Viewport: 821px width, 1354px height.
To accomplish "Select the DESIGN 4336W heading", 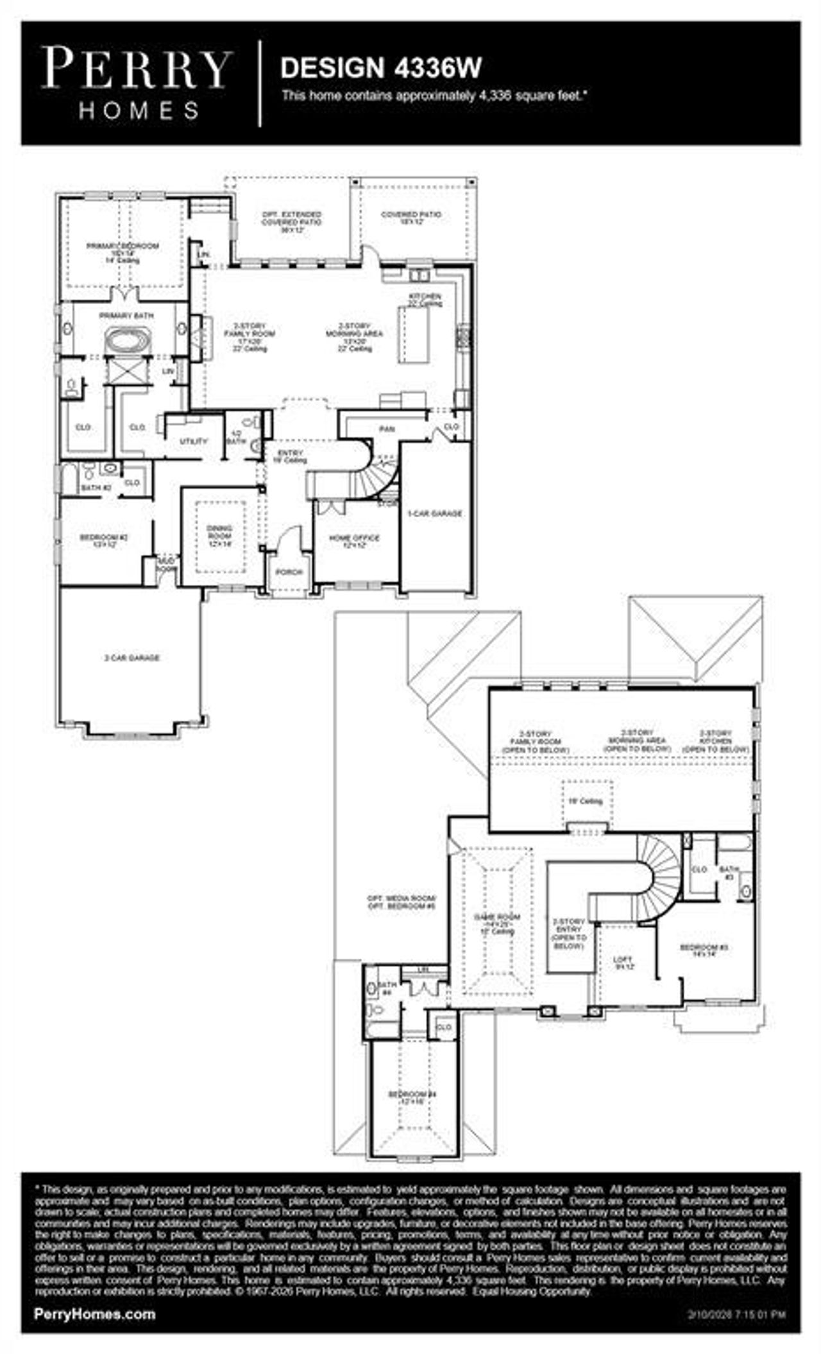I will [381, 67].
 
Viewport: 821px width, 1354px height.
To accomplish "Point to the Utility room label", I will [193, 441].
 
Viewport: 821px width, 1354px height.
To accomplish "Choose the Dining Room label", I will [219, 535].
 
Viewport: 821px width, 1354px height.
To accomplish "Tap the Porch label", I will [289, 572].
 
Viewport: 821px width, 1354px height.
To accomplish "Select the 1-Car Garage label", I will [435, 513].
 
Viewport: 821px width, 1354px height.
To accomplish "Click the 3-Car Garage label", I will [131, 658].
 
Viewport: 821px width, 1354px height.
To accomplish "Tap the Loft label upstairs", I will [623, 963].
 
